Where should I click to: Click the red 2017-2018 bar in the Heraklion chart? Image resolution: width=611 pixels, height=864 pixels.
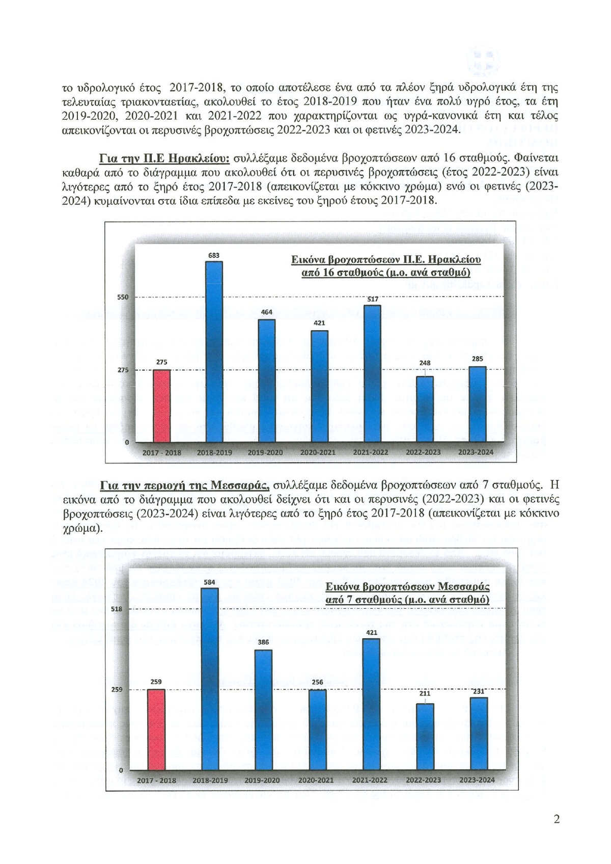[x=162, y=406]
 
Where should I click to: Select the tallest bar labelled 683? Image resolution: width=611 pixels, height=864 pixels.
[x=214, y=352]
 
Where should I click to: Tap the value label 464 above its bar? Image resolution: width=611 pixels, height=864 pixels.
[x=267, y=312]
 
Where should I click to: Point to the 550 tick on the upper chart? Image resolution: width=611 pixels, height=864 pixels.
[x=123, y=297]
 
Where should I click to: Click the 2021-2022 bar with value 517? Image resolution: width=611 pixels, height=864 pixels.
[x=372, y=373]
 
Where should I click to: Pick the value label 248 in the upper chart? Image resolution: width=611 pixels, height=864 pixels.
[x=425, y=363]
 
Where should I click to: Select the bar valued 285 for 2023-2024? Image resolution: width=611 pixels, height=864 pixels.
[x=477, y=404]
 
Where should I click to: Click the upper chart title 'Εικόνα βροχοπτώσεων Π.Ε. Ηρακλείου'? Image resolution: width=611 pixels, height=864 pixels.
[x=386, y=260]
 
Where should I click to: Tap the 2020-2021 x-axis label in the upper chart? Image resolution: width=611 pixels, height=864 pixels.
[x=318, y=452]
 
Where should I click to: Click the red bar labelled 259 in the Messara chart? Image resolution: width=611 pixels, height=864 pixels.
[x=156, y=729]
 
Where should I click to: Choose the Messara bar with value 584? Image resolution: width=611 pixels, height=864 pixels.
[x=210, y=679]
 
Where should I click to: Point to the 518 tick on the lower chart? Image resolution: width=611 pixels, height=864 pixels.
[x=117, y=609]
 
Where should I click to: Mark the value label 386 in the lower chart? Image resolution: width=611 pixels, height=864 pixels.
[x=263, y=642]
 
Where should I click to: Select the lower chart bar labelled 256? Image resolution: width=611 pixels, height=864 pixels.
[x=318, y=730]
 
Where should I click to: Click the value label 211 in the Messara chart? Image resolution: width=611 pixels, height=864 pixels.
[x=425, y=693]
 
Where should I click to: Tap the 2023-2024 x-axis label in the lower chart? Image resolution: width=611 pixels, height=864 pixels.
[x=477, y=780]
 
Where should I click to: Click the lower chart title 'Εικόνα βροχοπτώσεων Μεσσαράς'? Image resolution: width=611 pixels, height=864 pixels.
[x=407, y=586]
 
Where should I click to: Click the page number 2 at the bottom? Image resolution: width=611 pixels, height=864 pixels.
[x=557, y=820]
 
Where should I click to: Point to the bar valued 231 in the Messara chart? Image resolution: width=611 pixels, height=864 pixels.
[x=479, y=734]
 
